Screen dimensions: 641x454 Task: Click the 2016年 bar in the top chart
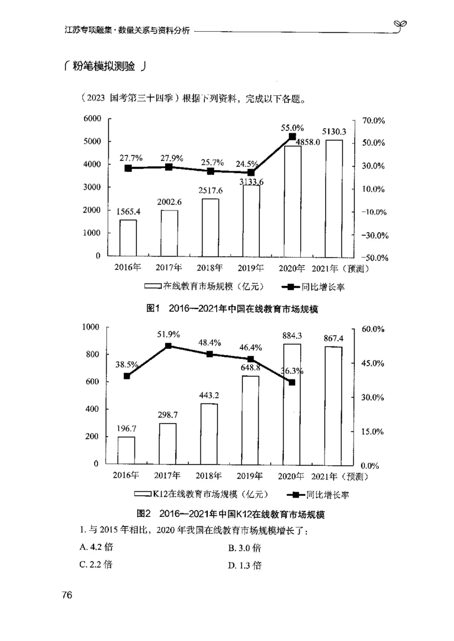tap(128, 237)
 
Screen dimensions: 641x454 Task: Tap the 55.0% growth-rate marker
tap(292, 137)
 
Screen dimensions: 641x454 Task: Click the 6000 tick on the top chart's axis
tap(92, 119)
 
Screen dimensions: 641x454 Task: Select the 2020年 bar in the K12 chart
tap(292, 404)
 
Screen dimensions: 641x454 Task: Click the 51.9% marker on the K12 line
tap(169, 345)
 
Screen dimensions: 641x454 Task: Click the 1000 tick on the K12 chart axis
tap(91, 327)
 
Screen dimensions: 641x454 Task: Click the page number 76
tap(67, 595)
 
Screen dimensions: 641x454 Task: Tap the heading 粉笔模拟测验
tap(105, 67)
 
